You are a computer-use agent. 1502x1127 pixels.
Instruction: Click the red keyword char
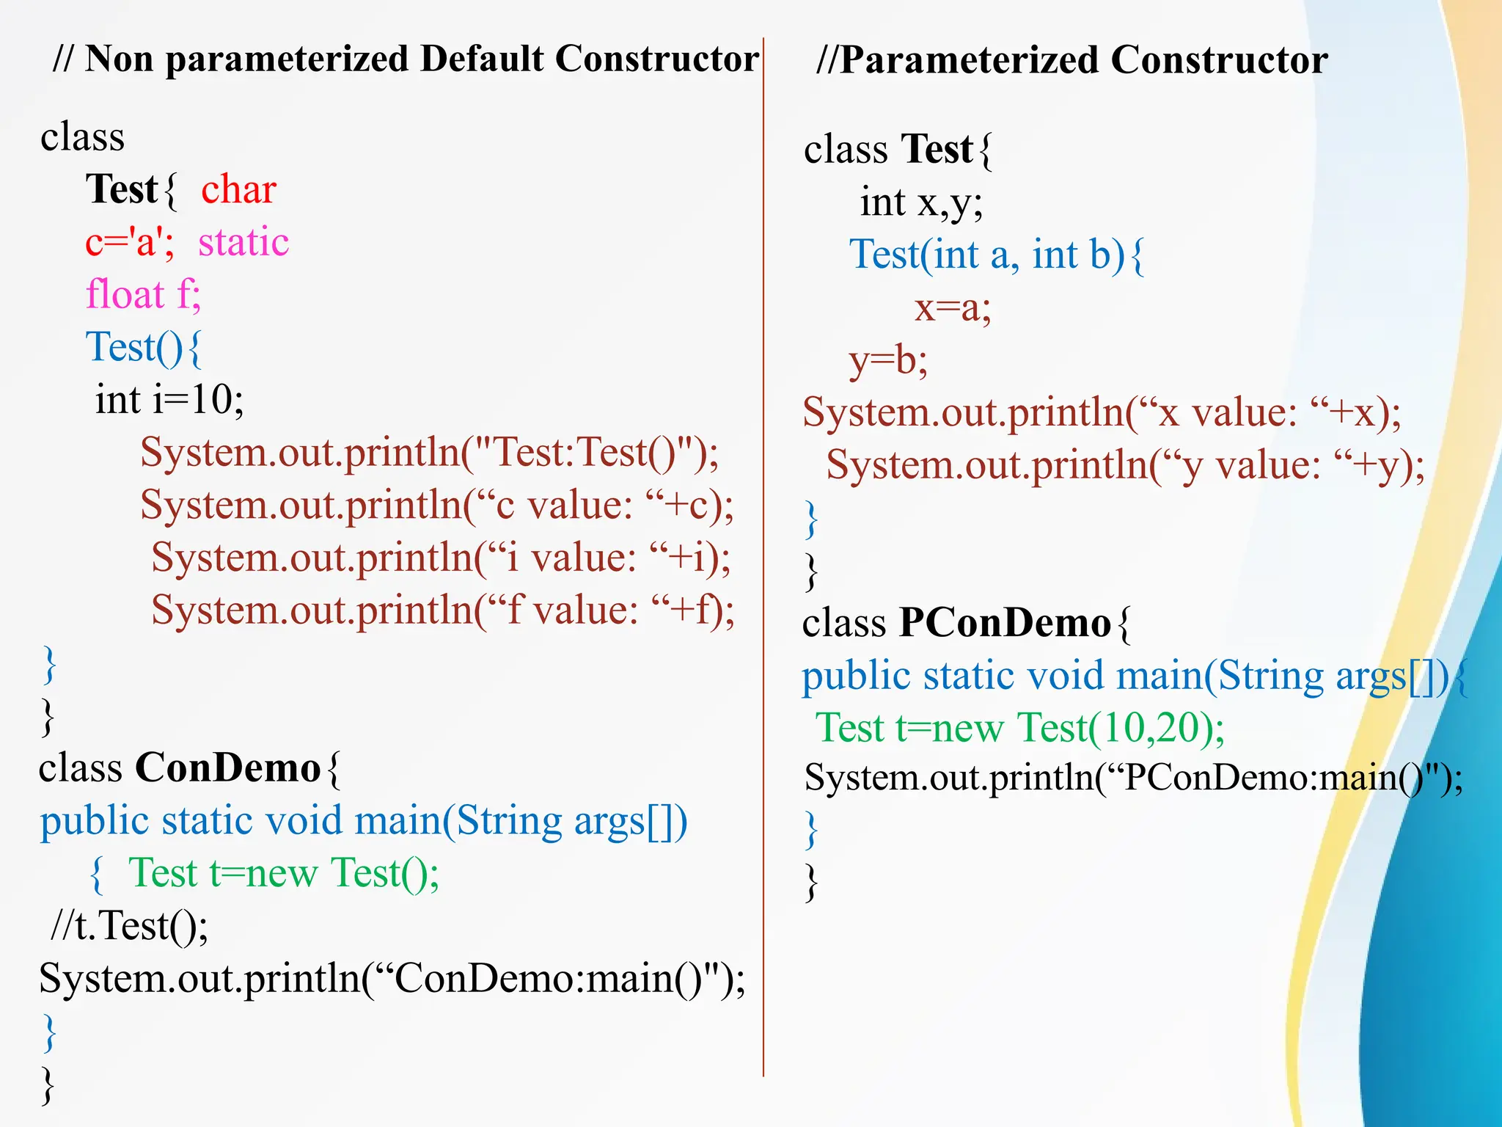point(238,189)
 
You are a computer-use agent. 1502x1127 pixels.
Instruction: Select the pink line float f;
point(143,295)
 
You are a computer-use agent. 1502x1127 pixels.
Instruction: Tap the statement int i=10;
point(169,401)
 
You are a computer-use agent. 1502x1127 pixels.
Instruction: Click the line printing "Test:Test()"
point(429,453)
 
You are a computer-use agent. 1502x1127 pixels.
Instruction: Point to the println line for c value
point(436,506)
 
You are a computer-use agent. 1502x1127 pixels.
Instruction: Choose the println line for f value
point(442,610)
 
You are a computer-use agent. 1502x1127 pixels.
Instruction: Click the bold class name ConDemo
point(228,768)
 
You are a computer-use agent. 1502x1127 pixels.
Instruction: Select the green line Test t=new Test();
point(284,873)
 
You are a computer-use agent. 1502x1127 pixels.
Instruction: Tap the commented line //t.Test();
point(129,926)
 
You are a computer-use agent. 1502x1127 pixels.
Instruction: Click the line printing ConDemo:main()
point(392,979)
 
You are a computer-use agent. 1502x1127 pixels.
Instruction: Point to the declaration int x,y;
point(921,203)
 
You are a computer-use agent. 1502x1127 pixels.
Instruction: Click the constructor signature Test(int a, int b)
point(987,255)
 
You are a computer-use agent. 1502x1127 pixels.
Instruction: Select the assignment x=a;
point(953,308)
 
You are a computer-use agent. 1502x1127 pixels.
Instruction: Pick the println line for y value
point(1125,466)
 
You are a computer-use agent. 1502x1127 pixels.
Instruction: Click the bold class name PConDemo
point(1005,623)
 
